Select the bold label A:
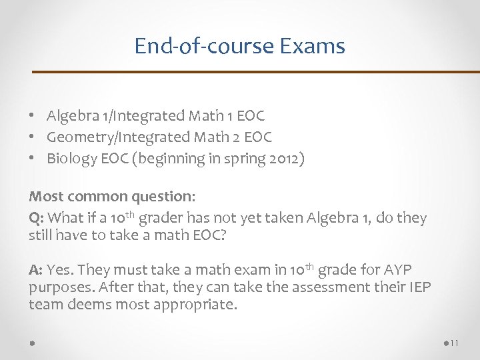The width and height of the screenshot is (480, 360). click(36, 270)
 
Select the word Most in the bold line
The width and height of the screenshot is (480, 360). click(44, 197)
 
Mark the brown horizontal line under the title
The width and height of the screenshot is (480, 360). click(257, 71)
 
